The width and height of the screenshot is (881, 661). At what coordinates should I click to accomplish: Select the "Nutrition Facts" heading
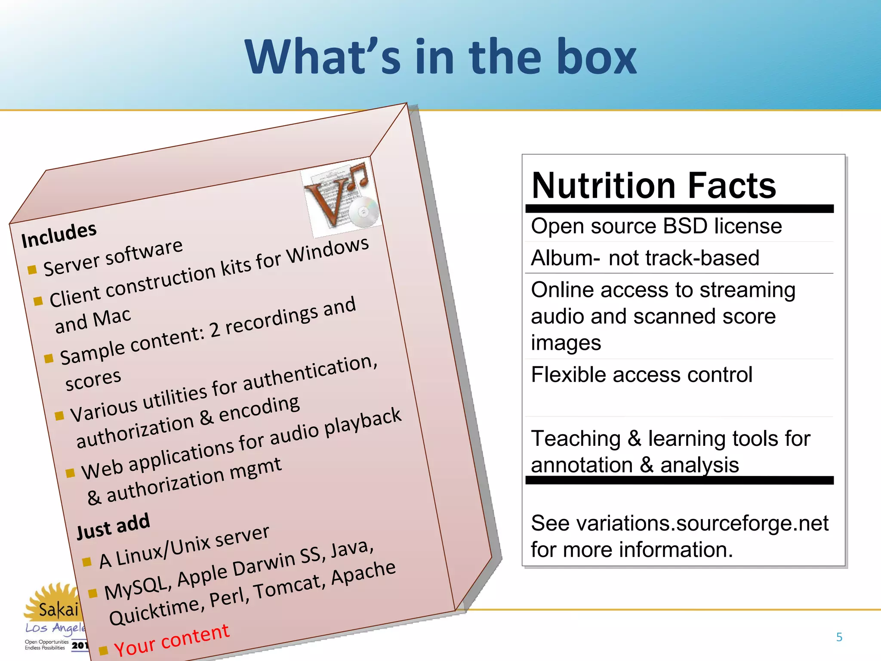(x=653, y=185)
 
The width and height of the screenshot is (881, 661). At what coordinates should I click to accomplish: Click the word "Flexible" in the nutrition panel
(x=568, y=374)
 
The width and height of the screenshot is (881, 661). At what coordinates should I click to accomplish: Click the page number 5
(x=839, y=637)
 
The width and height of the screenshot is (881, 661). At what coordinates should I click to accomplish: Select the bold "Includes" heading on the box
(x=59, y=235)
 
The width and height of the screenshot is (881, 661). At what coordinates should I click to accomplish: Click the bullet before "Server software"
(x=32, y=270)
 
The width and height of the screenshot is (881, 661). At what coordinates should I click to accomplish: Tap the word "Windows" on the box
(x=328, y=251)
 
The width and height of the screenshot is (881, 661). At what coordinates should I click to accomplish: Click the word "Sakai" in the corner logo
(x=59, y=609)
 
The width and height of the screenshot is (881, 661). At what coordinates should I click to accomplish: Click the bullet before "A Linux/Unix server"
(x=87, y=562)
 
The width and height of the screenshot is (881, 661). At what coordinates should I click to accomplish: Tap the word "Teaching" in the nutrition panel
(x=576, y=439)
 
